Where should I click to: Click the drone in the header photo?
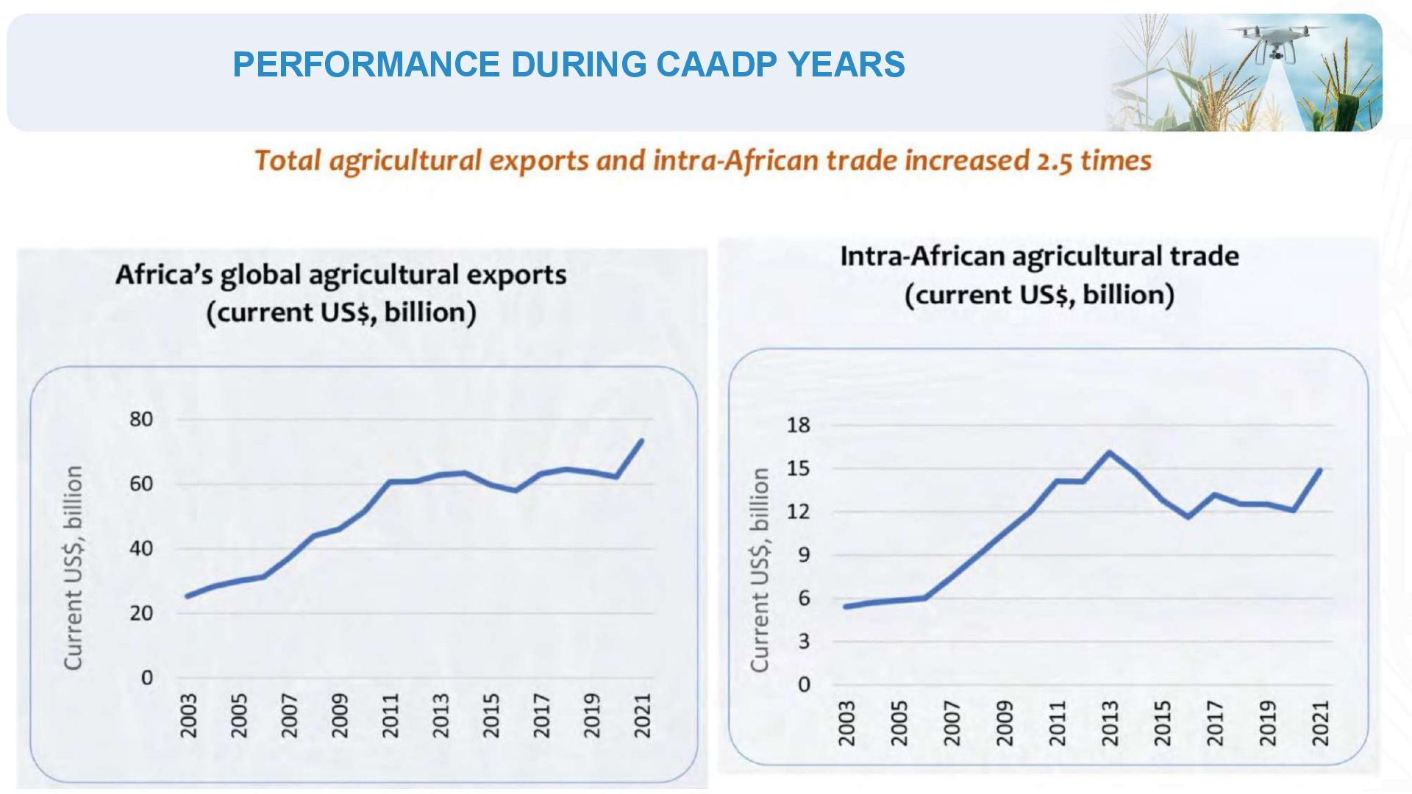[1277, 40]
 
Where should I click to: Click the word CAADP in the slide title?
[715, 64]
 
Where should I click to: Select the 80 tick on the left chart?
[141, 419]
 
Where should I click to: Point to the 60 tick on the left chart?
[141, 484]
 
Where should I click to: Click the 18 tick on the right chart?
[798, 425]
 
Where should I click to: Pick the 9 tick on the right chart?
[803, 555]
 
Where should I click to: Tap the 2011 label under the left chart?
[391, 715]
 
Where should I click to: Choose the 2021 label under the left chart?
[643, 715]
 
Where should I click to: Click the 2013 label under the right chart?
[1109, 722]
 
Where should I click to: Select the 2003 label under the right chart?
[846, 722]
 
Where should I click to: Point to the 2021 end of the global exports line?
[642, 440]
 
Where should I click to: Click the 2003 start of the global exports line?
[187, 596]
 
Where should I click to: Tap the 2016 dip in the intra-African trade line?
[1188, 517]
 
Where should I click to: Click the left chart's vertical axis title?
[73, 567]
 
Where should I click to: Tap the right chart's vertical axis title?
[759, 570]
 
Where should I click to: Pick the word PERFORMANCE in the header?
[366, 64]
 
